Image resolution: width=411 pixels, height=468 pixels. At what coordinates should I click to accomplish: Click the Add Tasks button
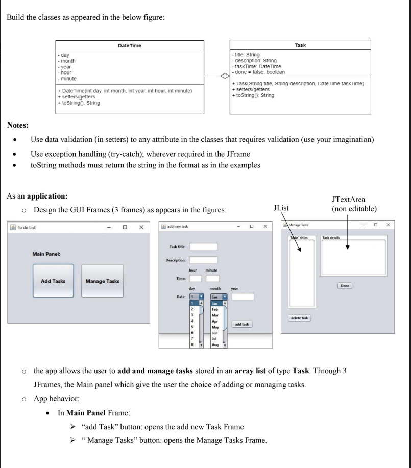click(53, 281)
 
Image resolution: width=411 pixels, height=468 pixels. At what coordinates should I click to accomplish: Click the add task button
click(243, 325)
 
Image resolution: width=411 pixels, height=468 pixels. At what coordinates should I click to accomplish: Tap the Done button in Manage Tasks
click(345, 286)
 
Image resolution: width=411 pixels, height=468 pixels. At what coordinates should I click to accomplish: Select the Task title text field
click(203, 247)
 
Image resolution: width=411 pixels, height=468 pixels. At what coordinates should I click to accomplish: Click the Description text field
click(203, 260)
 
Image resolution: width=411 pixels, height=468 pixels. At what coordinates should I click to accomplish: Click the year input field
click(243, 297)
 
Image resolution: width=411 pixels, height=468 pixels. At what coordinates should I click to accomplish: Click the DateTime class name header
click(130, 46)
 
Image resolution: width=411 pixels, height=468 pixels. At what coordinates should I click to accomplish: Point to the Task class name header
click(301, 45)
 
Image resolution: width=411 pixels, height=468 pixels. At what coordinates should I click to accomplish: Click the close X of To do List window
click(141, 227)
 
